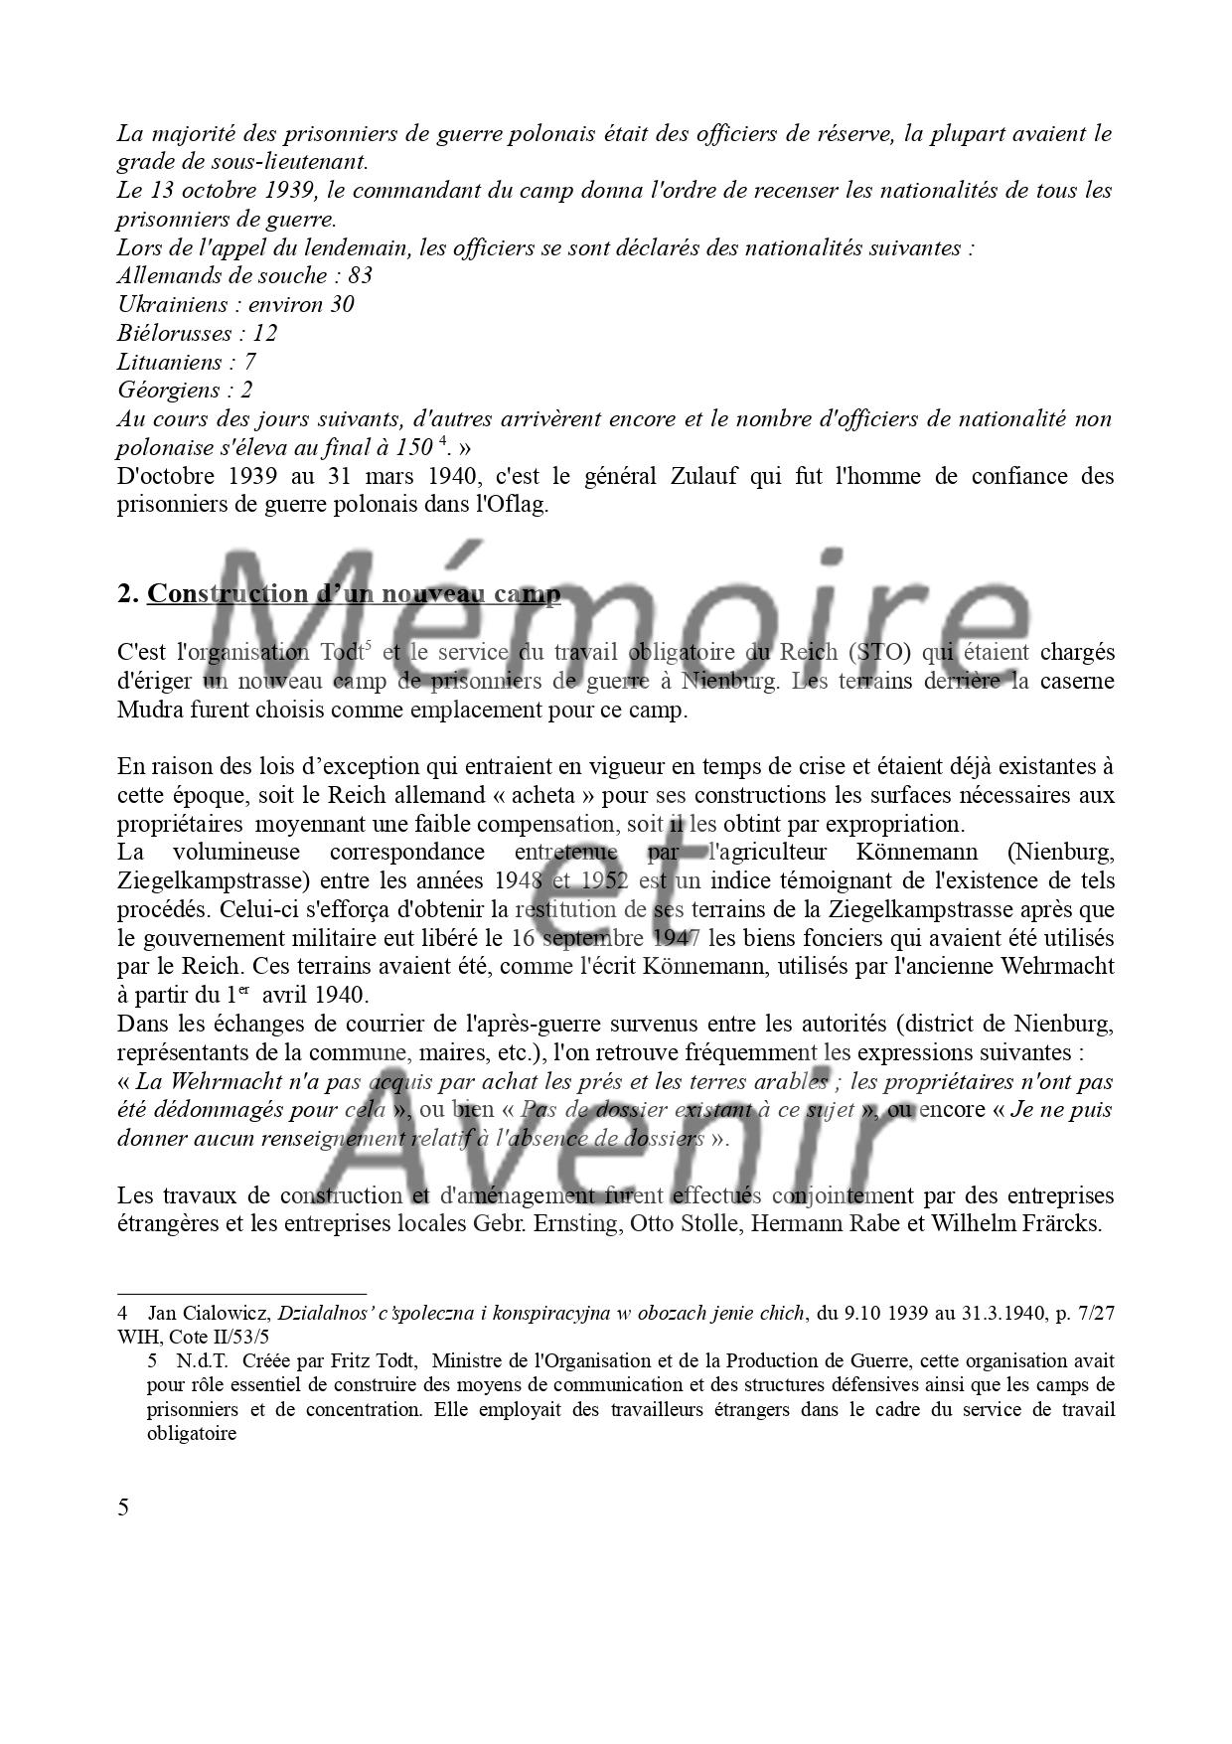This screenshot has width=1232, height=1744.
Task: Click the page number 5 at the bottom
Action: click(x=123, y=1506)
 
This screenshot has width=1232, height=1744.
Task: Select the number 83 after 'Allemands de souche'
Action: click(x=360, y=275)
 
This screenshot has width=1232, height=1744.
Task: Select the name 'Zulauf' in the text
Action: click(x=707, y=476)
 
